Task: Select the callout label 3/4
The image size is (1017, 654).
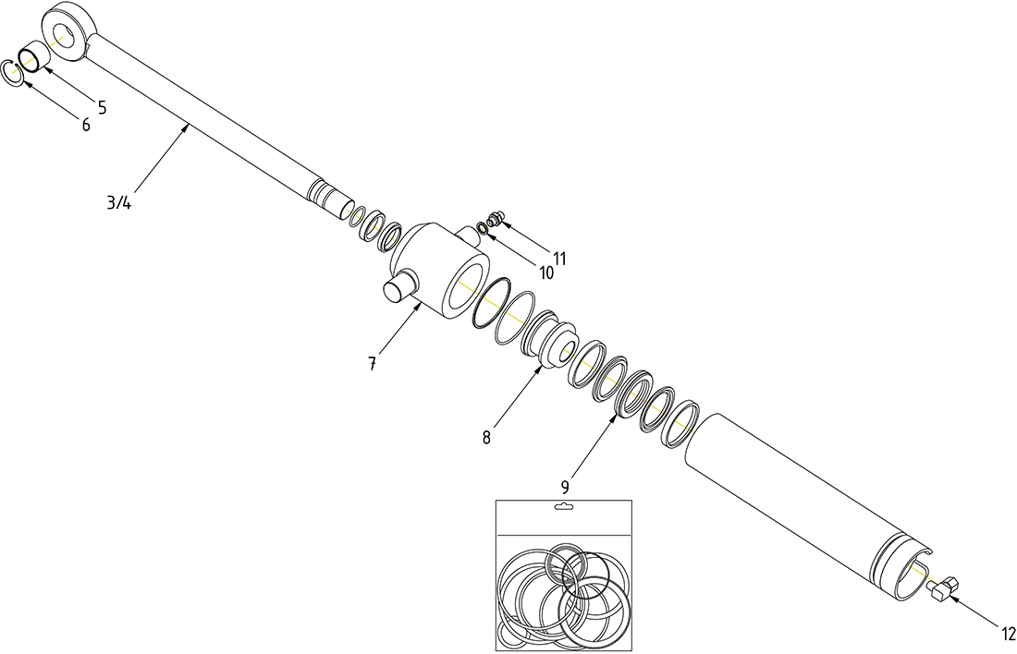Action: [118, 203]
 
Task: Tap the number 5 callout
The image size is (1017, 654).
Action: [102, 108]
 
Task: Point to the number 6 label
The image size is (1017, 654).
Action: [85, 125]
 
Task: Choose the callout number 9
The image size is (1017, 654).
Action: [564, 485]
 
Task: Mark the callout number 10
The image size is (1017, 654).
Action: [545, 273]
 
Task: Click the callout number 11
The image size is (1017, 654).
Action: [559, 259]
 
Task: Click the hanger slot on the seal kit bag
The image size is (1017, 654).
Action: [563, 507]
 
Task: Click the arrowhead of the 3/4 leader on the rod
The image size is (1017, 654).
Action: [190, 128]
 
